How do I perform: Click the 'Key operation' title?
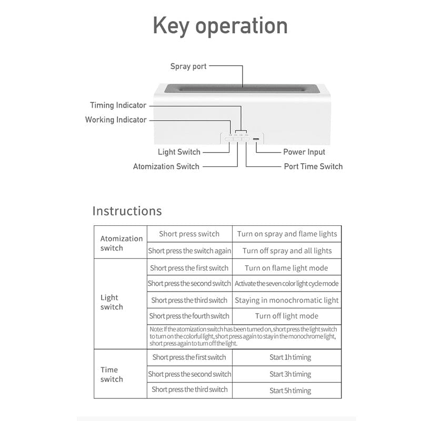220,26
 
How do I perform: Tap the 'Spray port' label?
188,66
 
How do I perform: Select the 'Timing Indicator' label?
118,105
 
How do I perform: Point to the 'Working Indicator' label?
116,119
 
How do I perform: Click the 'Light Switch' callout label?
179,152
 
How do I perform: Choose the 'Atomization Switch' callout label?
166,166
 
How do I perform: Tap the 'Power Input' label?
304,152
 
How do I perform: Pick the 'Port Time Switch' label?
313,166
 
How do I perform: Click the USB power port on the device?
256,139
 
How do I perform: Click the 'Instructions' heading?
127,211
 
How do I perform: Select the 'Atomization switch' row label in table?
121,243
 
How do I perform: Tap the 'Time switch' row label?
112,374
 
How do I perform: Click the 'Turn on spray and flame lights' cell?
287,234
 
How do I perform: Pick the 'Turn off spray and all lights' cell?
287,250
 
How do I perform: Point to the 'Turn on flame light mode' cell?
286,268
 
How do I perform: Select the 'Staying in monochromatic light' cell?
287,300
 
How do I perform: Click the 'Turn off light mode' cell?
287,316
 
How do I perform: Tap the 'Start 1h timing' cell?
290,357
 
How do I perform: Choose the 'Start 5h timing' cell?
290,390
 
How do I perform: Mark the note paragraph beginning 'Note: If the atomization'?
243,336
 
